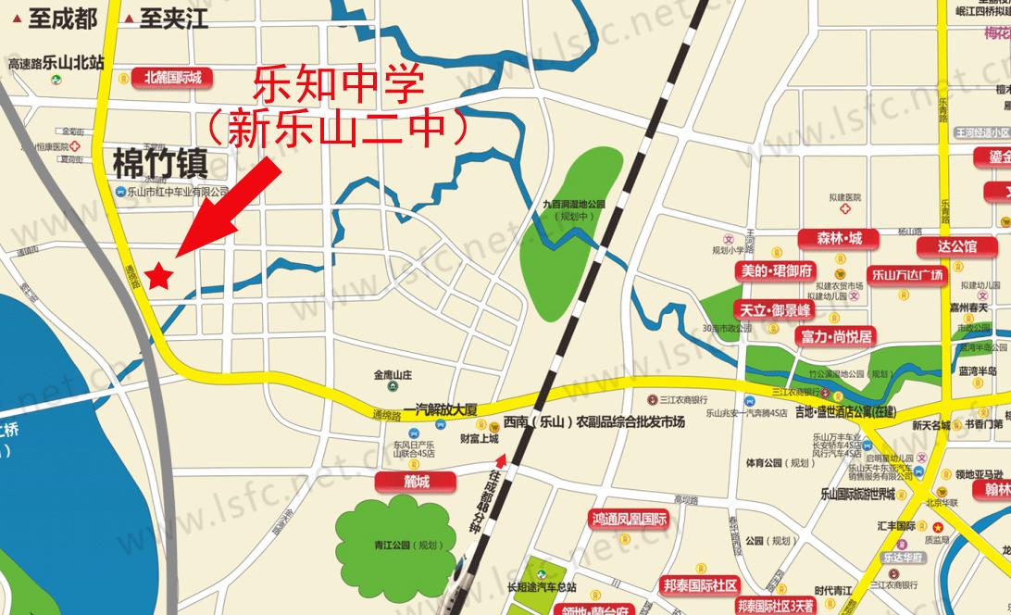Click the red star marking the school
tap(159, 275)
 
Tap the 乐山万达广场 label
tap(906, 274)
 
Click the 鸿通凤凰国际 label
tap(630, 520)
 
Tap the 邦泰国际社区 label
tap(700, 585)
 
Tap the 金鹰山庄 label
tap(393, 375)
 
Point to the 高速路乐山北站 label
tap(56, 63)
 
